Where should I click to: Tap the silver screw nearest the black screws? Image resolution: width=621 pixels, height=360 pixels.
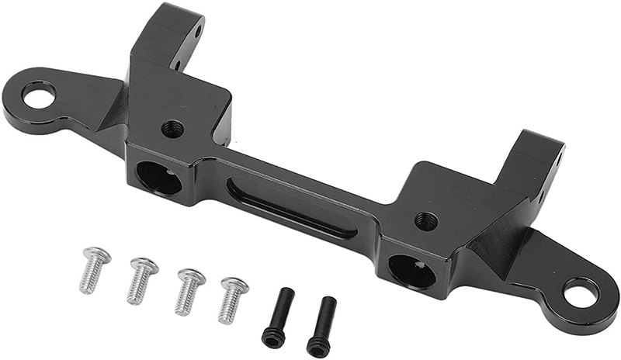click(x=232, y=300)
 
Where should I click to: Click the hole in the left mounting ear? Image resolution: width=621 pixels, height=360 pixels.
click(x=38, y=95)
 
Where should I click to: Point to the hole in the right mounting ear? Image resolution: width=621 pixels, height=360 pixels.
click(x=581, y=294)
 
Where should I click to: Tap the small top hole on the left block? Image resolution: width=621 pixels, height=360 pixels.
click(x=172, y=129)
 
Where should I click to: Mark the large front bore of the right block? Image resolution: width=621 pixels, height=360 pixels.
click(x=411, y=271)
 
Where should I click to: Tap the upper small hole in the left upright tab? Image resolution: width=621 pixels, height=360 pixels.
click(x=197, y=32)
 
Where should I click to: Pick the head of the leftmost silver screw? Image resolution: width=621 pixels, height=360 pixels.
click(x=97, y=254)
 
